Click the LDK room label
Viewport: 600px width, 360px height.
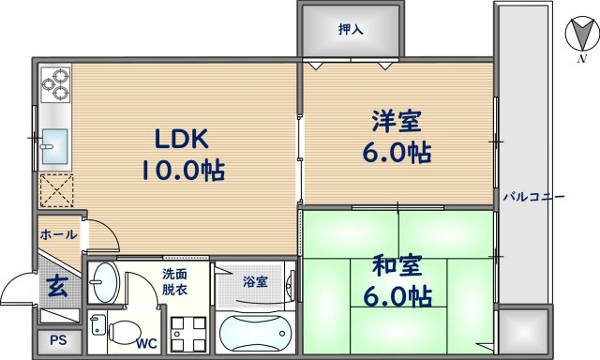(184, 139)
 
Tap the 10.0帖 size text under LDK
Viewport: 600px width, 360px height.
(184, 172)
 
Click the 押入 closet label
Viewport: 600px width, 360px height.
(352, 30)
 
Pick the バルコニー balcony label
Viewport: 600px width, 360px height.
(532, 197)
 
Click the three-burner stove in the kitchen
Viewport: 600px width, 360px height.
(55, 85)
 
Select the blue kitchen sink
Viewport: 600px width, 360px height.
(54, 143)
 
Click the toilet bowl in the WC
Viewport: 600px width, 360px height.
(120, 331)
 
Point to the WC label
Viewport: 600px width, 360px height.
(146, 343)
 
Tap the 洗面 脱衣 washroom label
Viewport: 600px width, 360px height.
(174, 282)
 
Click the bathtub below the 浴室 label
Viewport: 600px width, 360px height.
(256, 333)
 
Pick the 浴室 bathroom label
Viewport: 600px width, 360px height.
(254, 280)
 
